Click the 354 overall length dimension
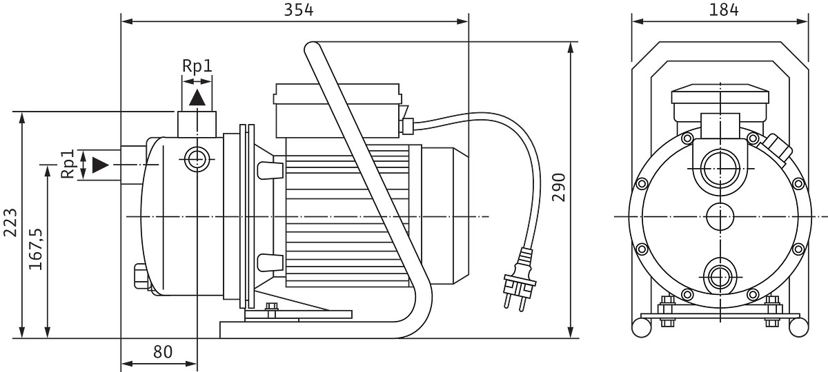(x=298, y=10)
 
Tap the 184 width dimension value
(x=723, y=10)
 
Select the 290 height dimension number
(x=559, y=187)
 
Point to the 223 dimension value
(x=10, y=223)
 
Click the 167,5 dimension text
(x=36, y=249)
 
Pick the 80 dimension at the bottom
(x=163, y=352)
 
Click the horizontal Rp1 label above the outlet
(x=197, y=66)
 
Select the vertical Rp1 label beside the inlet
(x=68, y=164)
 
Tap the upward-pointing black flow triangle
(x=197, y=98)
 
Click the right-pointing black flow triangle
(x=100, y=165)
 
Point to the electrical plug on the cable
(x=520, y=282)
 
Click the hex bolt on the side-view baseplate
(x=272, y=309)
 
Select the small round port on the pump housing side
(x=197, y=159)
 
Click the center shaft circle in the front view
(x=720, y=216)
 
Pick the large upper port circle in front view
(x=720, y=169)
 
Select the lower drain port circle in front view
(x=720, y=277)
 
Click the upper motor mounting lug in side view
(x=270, y=170)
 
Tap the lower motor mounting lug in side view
(x=270, y=262)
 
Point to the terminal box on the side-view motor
(x=337, y=111)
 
